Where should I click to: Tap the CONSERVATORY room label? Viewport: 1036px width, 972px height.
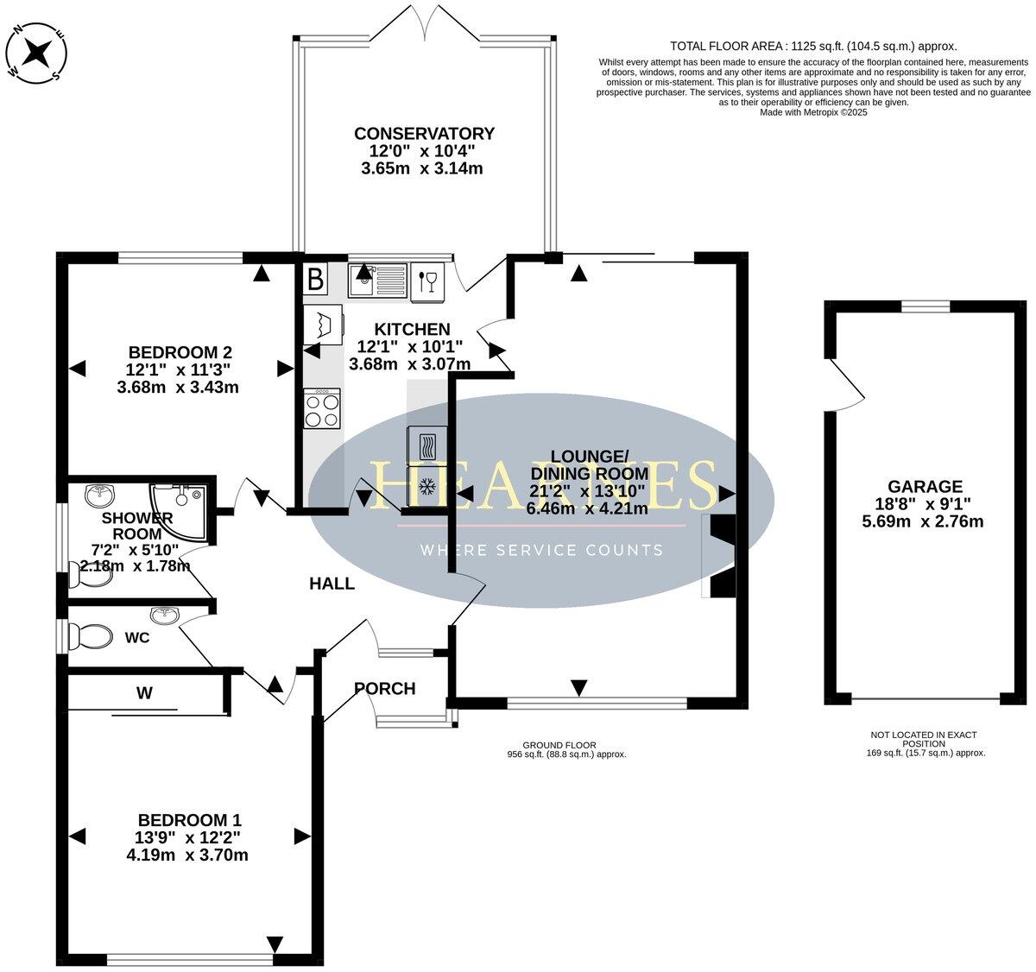424,134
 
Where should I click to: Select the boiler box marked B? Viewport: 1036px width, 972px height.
316,279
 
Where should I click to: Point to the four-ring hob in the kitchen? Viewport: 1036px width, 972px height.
322,408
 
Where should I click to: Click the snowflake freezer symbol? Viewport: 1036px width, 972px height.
425,489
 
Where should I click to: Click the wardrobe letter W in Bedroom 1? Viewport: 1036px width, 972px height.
144,692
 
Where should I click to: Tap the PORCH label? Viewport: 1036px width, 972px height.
385,689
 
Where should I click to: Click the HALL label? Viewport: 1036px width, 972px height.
332,584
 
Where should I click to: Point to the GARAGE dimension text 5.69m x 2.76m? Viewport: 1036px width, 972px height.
922,521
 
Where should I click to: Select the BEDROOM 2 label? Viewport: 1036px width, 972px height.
180,352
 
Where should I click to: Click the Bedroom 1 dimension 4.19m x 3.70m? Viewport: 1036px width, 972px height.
189,855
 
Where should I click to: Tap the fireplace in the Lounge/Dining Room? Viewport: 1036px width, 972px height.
719,556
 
